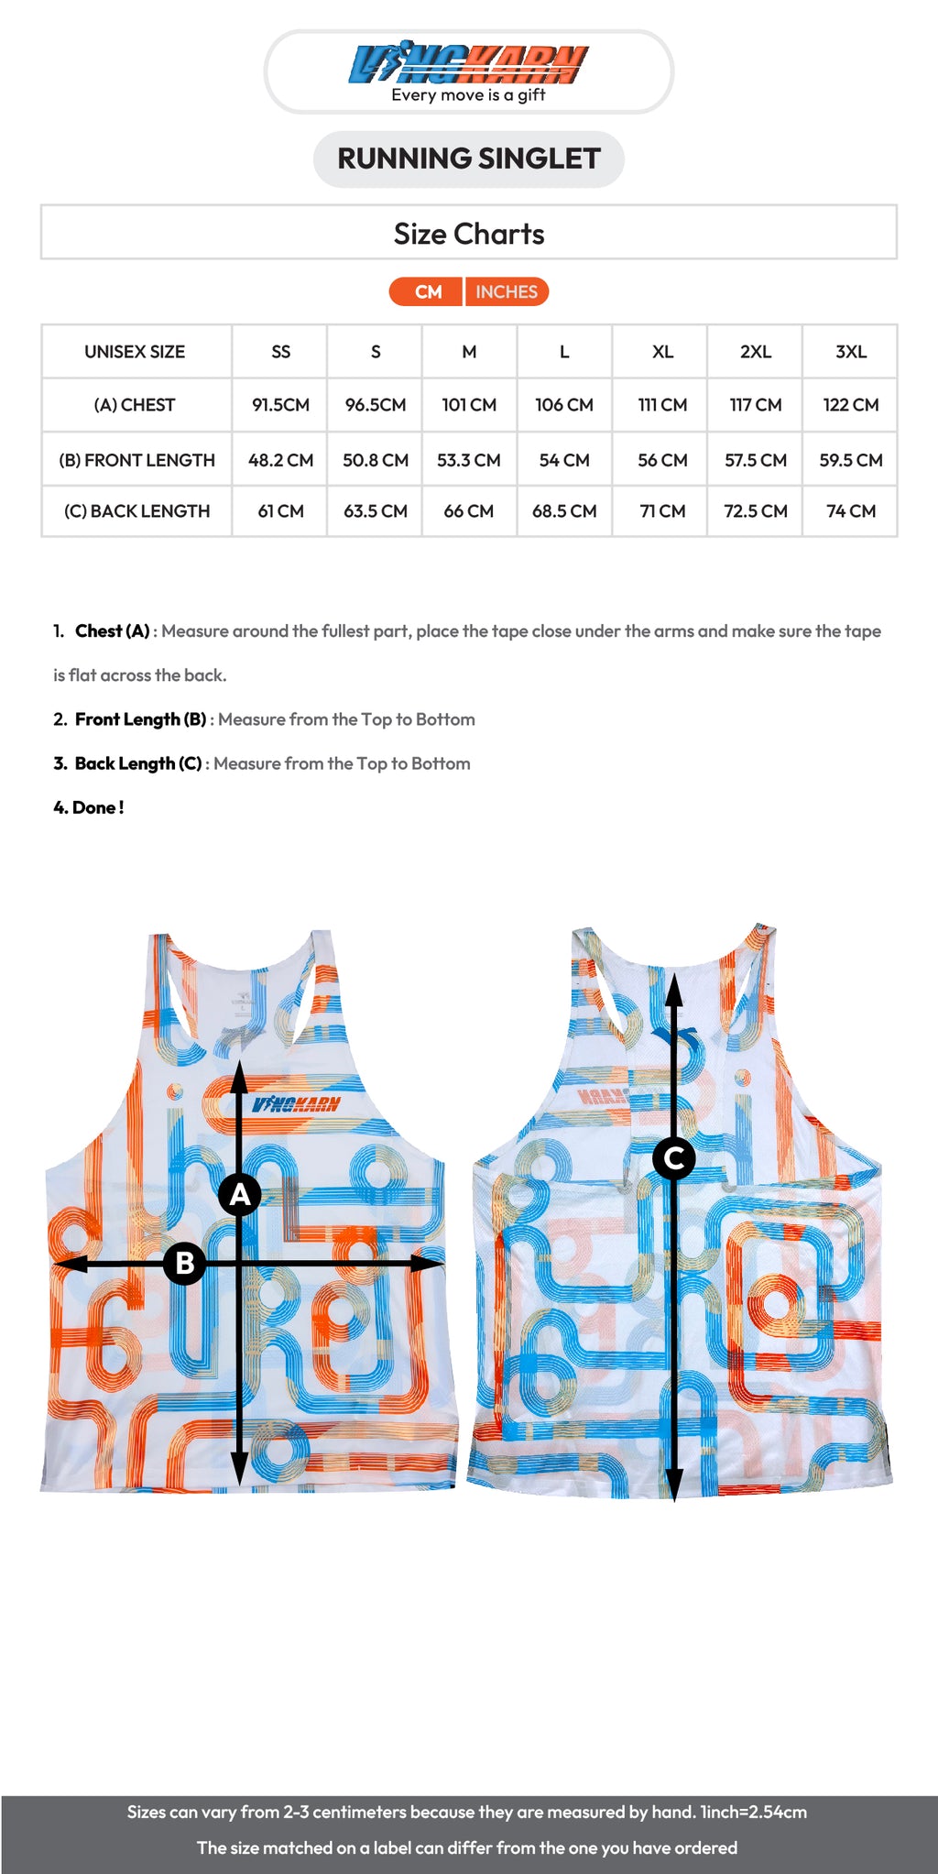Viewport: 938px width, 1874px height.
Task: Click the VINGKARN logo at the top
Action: pos(468,65)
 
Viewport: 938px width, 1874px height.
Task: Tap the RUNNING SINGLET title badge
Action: pos(468,159)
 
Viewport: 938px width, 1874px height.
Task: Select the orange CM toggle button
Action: pos(427,291)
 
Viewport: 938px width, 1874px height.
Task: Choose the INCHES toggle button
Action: pos(507,291)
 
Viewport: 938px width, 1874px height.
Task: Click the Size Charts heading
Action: pos(468,234)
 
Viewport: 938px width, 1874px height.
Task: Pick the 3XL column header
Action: pos(850,352)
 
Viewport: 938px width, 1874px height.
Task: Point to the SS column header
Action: pos(280,352)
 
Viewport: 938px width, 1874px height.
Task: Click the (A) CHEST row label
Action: pos(135,405)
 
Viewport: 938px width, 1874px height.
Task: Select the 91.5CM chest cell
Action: pos(280,405)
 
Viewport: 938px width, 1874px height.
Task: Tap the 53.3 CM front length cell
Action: pos(468,460)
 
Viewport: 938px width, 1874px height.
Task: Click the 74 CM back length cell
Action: pos(850,511)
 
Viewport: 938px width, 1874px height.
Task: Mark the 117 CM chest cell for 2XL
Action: pos(755,405)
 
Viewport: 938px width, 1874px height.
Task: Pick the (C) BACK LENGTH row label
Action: pos(136,511)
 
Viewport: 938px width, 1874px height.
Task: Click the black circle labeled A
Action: pos(240,1195)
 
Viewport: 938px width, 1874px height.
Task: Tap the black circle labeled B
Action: pos(184,1263)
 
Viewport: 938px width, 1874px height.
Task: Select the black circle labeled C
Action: pos(674,1158)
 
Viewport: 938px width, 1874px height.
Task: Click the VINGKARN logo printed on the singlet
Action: pos(296,1104)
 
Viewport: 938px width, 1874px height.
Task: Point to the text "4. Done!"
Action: pos(88,807)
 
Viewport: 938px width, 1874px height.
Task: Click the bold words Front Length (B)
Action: pos(140,719)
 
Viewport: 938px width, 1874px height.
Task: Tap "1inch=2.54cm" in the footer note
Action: pos(753,1812)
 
